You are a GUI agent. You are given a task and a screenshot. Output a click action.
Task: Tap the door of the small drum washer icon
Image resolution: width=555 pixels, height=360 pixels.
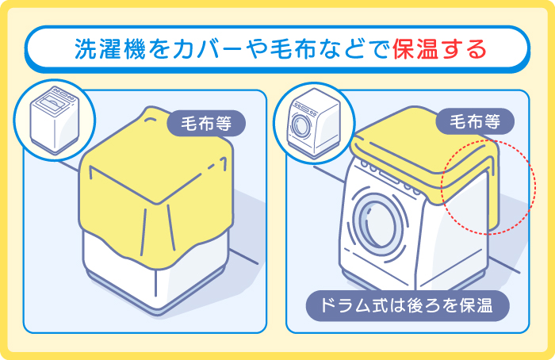(x=300, y=128)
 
